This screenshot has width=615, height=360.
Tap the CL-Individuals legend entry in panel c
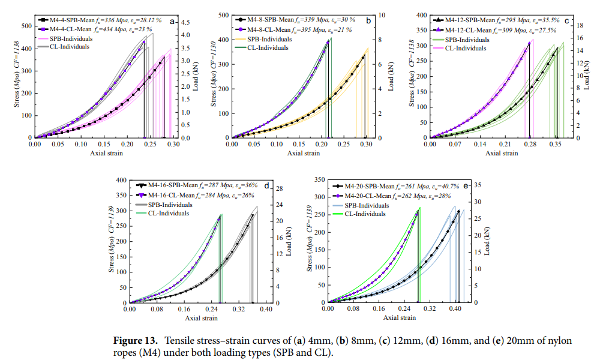click(x=465, y=48)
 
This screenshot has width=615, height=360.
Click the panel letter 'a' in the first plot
click(x=172, y=21)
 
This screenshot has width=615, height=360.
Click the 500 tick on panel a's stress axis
click(x=27, y=26)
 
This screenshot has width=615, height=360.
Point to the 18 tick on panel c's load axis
click(x=580, y=26)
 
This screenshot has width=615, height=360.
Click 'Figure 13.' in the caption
click(x=136, y=341)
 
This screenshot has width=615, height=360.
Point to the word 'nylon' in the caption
click(x=554, y=341)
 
